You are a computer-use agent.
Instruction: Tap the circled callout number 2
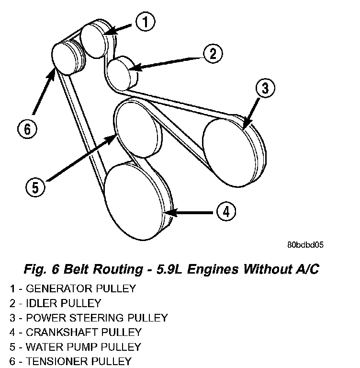pos(213,54)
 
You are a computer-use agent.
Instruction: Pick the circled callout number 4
pos(225,211)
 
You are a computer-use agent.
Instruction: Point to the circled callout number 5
pos(35,187)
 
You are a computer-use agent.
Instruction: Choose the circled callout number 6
pos(27,128)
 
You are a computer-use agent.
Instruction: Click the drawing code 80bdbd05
pos(305,245)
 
